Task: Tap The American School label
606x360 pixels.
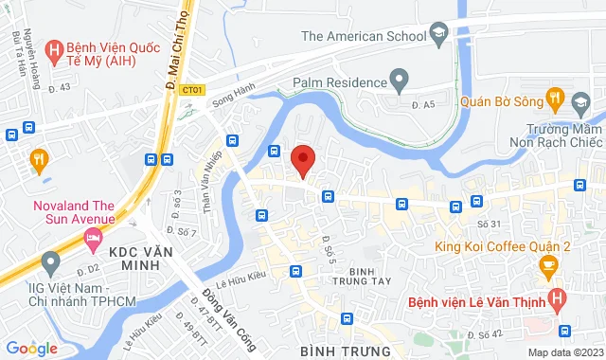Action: point(363,36)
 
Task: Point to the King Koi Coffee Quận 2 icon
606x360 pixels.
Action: point(545,269)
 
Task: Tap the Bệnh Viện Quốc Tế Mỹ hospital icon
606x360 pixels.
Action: point(54,47)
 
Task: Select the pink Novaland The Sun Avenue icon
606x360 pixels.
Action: point(93,242)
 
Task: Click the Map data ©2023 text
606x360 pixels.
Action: point(562,352)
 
